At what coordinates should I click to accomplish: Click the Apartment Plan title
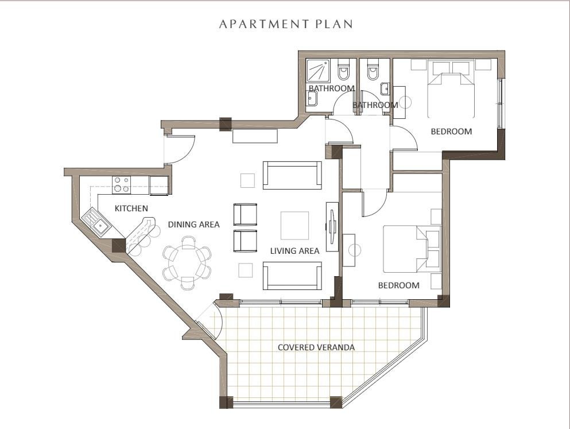(286, 24)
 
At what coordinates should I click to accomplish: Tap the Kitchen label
(131, 208)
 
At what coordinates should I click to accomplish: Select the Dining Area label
(194, 225)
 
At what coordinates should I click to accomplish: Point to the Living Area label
(295, 250)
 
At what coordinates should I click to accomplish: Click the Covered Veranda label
(316, 347)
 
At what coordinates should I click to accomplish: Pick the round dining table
(187, 262)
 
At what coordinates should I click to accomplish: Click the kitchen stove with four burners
(121, 184)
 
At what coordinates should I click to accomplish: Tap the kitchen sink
(96, 222)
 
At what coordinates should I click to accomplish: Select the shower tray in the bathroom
(318, 71)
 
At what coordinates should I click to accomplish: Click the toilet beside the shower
(343, 72)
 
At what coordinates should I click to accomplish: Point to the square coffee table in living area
(294, 225)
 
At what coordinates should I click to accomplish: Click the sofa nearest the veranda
(292, 275)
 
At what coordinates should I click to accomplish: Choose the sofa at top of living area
(292, 175)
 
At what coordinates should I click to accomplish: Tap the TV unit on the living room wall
(332, 226)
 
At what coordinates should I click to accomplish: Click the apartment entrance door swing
(181, 149)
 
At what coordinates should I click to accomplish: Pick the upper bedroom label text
(452, 132)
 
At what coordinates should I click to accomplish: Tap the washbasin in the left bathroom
(312, 98)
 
